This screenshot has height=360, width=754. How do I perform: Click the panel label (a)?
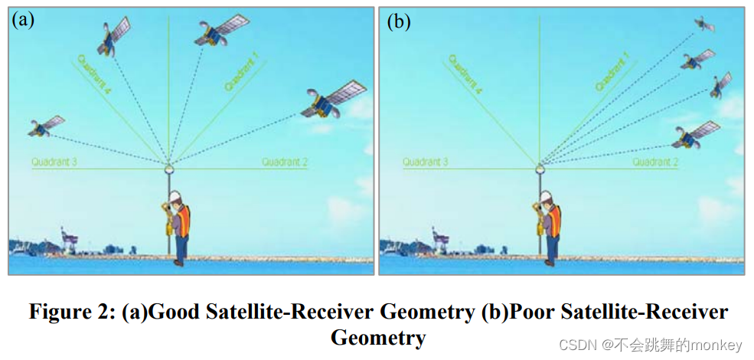[23, 20]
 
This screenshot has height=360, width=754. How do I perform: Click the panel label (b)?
[398, 21]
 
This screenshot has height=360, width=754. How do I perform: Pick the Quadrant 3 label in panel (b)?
[426, 162]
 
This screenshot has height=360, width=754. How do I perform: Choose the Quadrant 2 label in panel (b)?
[655, 162]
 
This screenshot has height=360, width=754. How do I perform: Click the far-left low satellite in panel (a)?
[45, 126]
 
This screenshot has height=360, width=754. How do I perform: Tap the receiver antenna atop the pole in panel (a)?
[168, 167]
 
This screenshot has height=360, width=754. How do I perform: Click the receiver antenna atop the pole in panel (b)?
[539, 167]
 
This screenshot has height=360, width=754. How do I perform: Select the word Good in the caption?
[175, 313]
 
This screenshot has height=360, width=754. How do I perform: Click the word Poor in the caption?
[534, 313]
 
